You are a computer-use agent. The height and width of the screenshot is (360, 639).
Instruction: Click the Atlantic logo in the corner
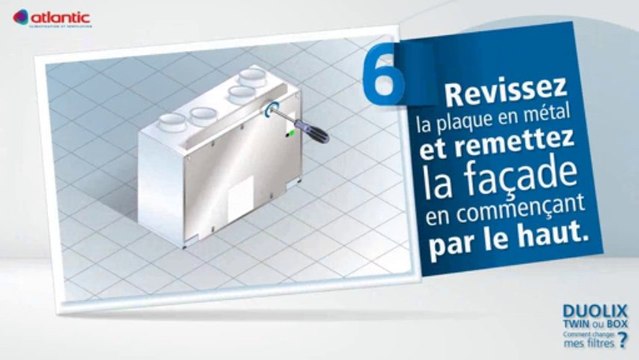(x=52, y=17)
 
